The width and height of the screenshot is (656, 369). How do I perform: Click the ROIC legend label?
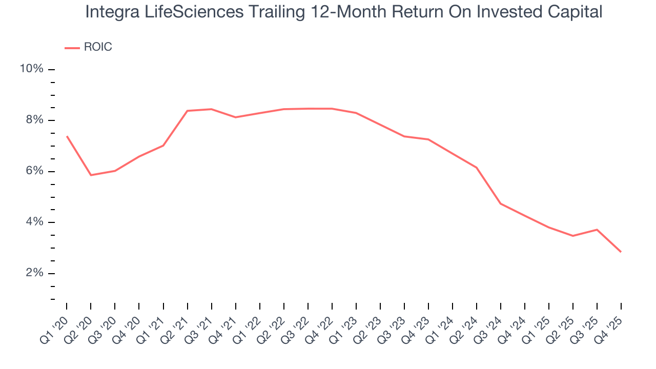click(x=97, y=47)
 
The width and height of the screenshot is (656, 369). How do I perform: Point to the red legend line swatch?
click(x=72, y=48)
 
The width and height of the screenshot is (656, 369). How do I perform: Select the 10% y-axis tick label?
click(x=31, y=69)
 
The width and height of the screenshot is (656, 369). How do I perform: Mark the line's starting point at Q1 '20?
click(x=67, y=136)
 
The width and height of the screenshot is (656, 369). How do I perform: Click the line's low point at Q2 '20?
click(x=91, y=175)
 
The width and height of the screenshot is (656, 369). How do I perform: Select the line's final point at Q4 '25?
click(x=621, y=252)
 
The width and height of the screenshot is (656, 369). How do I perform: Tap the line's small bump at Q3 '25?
click(x=597, y=230)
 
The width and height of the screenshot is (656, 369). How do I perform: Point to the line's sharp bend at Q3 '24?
click(x=501, y=204)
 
